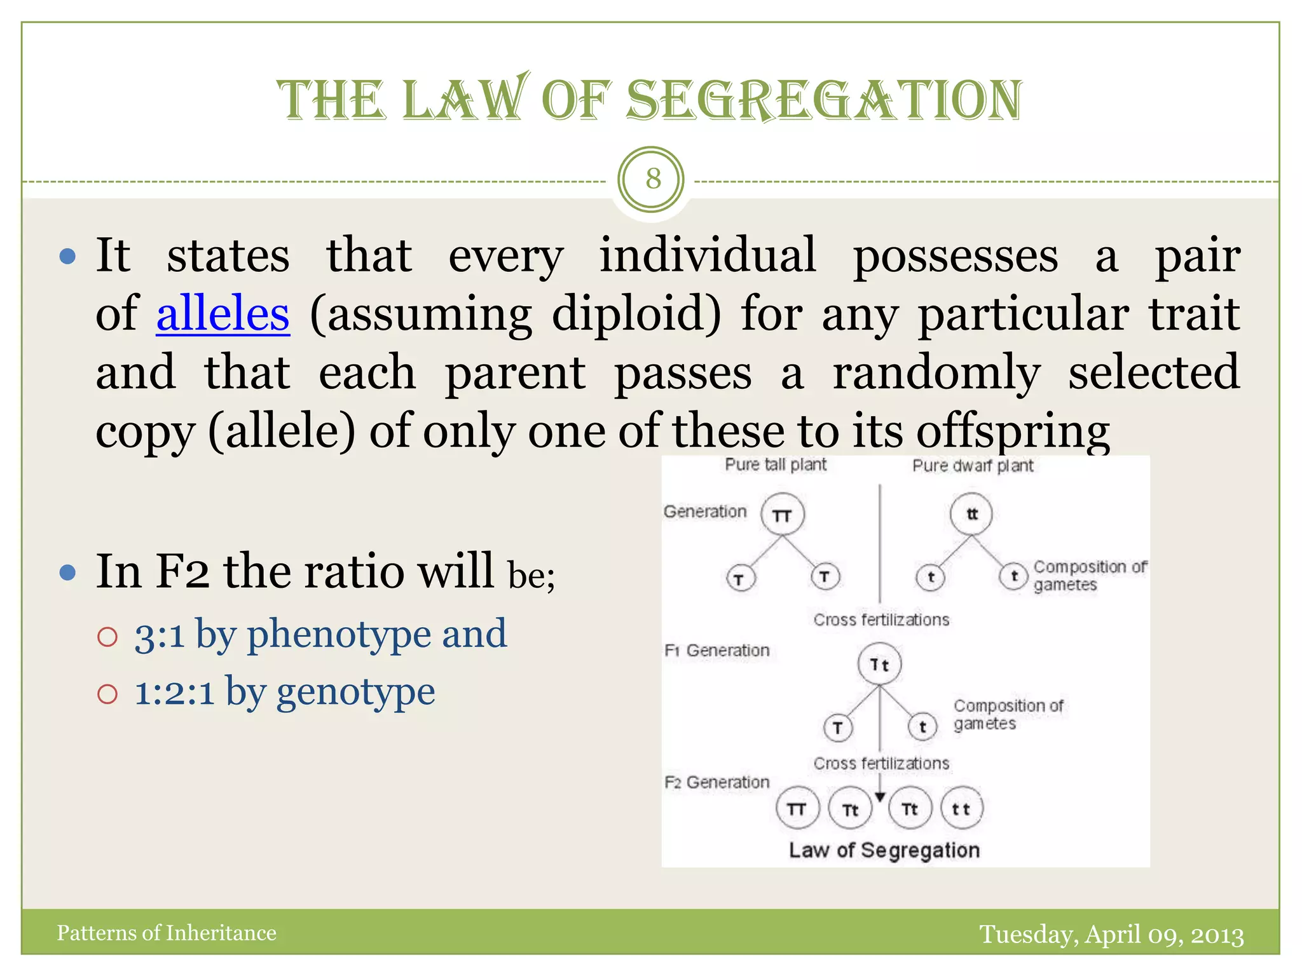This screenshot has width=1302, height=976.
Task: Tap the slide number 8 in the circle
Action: click(652, 179)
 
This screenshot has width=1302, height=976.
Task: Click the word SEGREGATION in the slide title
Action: click(824, 100)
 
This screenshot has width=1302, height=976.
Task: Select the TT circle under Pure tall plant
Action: click(783, 515)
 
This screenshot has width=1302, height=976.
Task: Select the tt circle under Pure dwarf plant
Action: click(971, 514)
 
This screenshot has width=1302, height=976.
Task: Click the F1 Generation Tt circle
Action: click(879, 665)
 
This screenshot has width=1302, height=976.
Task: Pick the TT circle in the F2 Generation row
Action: click(797, 809)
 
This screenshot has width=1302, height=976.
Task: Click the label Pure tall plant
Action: click(775, 465)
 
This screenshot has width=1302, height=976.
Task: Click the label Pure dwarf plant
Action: click(972, 466)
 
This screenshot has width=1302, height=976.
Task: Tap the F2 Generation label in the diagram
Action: click(716, 782)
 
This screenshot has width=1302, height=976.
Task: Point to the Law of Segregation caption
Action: click(884, 850)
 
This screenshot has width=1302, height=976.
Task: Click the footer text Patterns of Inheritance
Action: click(167, 933)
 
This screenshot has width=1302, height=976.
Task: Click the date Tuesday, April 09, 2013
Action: click(1111, 934)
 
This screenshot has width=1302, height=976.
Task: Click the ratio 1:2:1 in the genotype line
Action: click(174, 692)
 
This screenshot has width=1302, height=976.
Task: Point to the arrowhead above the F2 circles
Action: click(880, 797)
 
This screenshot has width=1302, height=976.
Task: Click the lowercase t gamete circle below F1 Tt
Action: click(922, 727)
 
